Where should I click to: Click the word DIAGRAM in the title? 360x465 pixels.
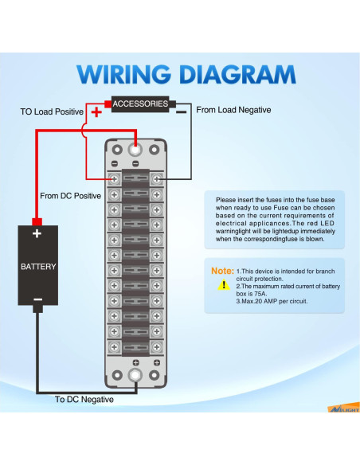tap(238, 74)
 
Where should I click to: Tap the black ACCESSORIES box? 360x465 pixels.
tap(140, 104)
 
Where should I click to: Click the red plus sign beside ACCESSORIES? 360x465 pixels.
tap(96, 112)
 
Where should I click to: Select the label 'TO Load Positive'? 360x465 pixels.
tap(52, 111)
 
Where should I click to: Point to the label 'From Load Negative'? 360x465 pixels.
tap(233, 110)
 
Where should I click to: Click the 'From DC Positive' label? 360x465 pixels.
tap(71, 196)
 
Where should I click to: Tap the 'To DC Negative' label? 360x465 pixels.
tap(84, 400)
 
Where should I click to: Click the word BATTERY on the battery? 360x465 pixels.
tap(38, 267)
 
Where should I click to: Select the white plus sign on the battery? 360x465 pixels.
tap(37, 233)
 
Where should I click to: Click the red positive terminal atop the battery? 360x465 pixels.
tap(37, 222)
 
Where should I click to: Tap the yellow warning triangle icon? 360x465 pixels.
tap(224, 285)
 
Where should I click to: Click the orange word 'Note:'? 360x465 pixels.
tap(222, 271)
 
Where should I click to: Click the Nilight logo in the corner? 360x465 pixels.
tap(344, 408)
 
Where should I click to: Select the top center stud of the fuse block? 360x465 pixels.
tap(135, 150)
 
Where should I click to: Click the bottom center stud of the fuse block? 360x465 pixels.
tap(135, 375)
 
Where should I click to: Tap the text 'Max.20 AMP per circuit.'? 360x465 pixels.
tap(275, 301)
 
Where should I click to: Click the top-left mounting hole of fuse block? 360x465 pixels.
tap(117, 150)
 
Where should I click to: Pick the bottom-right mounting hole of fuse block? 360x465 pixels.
tap(155, 375)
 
